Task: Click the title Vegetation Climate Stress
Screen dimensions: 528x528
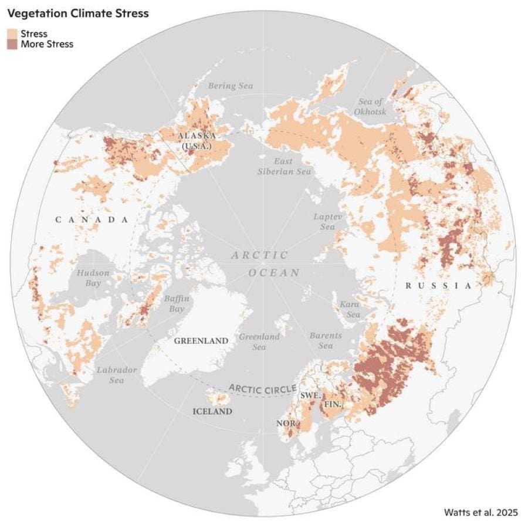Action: [x=77, y=13]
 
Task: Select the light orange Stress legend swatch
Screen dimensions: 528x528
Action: [x=12, y=33]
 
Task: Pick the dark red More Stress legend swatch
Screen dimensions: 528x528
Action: [x=12, y=44]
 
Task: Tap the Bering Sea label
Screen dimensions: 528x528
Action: [x=231, y=86]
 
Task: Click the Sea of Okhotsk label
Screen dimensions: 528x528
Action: [x=371, y=107]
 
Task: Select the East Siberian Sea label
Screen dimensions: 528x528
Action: [x=285, y=166]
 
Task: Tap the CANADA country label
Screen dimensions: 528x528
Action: [x=92, y=219]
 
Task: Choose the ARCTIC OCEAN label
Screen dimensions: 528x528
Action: [x=264, y=264]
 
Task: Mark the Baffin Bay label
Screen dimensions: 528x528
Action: [x=176, y=303]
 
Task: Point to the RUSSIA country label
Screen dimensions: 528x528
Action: [x=438, y=286]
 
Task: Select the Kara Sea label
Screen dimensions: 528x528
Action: [x=350, y=309]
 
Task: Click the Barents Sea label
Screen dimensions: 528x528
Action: [x=326, y=341]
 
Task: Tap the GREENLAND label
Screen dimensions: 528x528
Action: [x=201, y=341]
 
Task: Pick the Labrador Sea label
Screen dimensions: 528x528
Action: [x=117, y=375]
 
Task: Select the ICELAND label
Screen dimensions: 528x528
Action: [x=212, y=411]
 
